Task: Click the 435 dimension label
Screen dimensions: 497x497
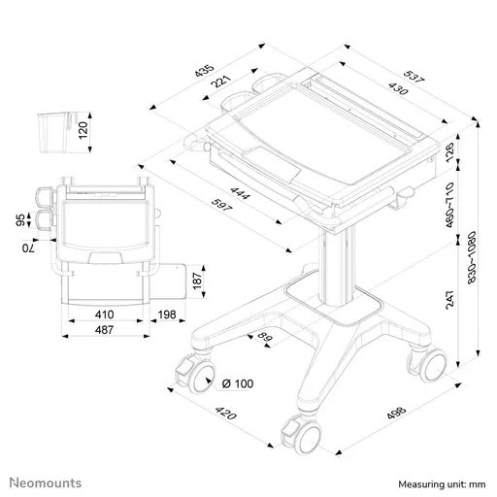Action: coord(205,71)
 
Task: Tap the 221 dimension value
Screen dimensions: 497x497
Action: coord(221,81)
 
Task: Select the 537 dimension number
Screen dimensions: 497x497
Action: coord(414,77)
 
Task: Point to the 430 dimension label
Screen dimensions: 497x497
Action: coord(398,88)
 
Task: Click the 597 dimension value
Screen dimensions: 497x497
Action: coord(221,205)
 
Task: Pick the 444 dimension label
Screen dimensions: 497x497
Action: coord(240,193)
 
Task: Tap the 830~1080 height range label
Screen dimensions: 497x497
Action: coord(472,257)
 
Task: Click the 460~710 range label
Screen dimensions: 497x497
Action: coord(449,205)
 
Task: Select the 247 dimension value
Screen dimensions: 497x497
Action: coord(449,300)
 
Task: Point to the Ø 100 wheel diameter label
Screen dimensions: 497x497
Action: coord(238,383)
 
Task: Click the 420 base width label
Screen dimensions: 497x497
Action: coord(226,413)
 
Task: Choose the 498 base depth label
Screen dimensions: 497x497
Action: coord(396,413)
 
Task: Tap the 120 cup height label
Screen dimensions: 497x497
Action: coord(83,130)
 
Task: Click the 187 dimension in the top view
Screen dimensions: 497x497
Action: coord(197,281)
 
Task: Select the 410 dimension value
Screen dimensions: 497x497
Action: coord(105,315)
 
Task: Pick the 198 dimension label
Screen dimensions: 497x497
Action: coord(167,315)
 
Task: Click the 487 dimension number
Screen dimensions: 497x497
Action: coord(105,330)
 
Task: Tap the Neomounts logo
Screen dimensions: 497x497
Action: coord(46,483)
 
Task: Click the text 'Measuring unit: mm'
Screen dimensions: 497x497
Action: coord(442,484)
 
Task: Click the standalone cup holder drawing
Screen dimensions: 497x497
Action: coord(56,133)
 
